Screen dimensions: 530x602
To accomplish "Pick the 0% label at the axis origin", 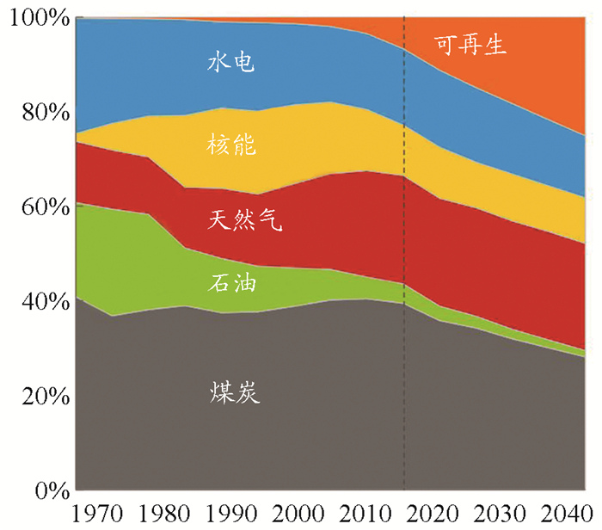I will (x=43, y=490).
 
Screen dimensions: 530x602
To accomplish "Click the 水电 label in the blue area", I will (x=230, y=63).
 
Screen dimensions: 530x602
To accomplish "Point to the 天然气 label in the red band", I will (x=244, y=220).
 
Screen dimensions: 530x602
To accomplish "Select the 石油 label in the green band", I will (x=230, y=283).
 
